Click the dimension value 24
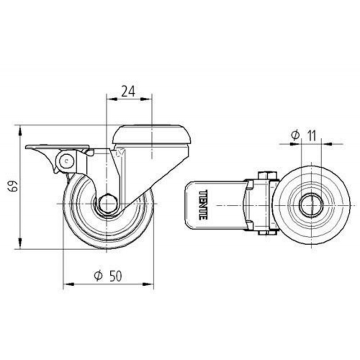pos(128,91)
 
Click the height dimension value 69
pos(13,185)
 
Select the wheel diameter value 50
pos(116,276)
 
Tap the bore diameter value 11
pos(311,135)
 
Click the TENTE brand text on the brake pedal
pos(203,205)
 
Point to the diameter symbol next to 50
pos(98,276)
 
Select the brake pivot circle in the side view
pos(67,161)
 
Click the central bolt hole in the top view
pos(311,205)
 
